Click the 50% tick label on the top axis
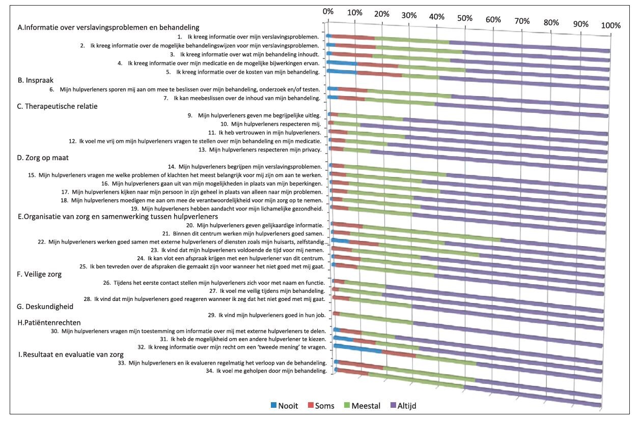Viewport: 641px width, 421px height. [x=464, y=18]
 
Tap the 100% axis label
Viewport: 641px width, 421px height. [x=610, y=25]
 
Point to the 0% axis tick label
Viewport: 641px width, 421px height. [x=328, y=11]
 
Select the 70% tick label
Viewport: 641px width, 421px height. [x=522, y=21]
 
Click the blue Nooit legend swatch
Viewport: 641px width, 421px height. [x=273, y=405]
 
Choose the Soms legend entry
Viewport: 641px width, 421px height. [x=321, y=406]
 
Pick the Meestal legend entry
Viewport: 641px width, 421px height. [x=362, y=406]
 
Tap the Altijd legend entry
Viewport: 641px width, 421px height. [x=403, y=406]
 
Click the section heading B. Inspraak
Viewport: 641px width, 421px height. [x=36, y=80]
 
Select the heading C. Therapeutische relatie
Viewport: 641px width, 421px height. [x=57, y=106]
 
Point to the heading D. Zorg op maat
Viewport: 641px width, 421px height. [x=43, y=158]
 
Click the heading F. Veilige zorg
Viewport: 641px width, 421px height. [x=39, y=275]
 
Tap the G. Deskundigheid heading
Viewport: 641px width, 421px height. [x=45, y=307]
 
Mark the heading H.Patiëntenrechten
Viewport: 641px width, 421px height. [x=49, y=323]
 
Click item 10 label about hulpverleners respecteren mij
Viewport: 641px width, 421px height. [x=271, y=124]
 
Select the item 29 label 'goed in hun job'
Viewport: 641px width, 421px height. [x=267, y=315]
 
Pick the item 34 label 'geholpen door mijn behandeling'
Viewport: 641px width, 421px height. [x=266, y=371]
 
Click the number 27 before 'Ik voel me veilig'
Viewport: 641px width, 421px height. [x=213, y=291]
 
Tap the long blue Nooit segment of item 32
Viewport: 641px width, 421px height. [x=358, y=349]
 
